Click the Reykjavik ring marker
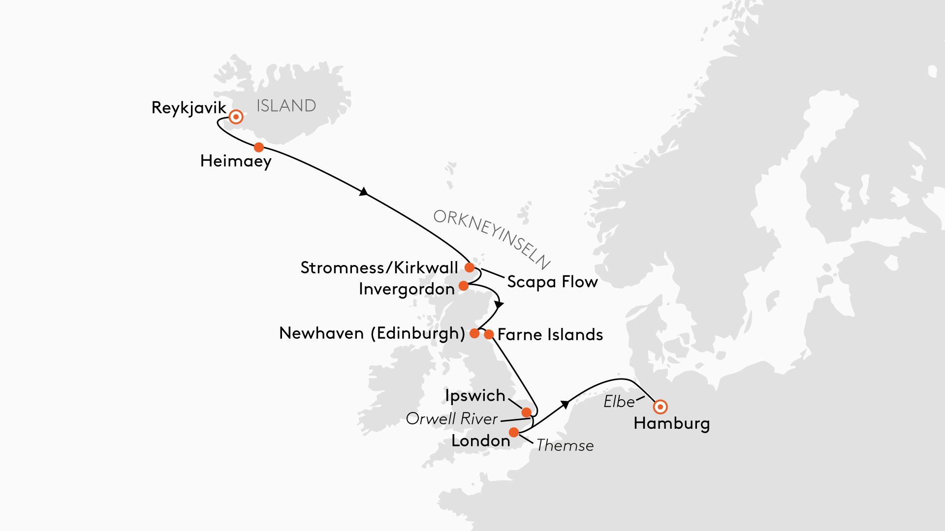(x=236, y=117)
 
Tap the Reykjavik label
(x=189, y=108)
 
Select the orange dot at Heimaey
(x=259, y=147)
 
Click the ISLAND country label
(x=286, y=106)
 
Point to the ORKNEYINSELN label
(x=491, y=239)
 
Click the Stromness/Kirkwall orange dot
(x=470, y=267)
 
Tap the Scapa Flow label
(x=552, y=282)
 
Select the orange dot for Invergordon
(x=464, y=286)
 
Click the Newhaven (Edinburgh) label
(x=372, y=333)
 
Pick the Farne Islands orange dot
(x=489, y=335)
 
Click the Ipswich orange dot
(x=527, y=412)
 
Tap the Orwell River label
(x=452, y=419)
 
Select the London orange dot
(x=514, y=432)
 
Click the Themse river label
(x=565, y=445)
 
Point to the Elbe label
(x=619, y=402)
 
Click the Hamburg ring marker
(x=660, y=407)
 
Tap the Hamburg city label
(x=672, y=423)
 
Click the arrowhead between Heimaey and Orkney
(x=364, y=192)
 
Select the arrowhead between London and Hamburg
(x=565, y=404)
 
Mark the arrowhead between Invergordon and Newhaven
(x=499, y=304)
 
